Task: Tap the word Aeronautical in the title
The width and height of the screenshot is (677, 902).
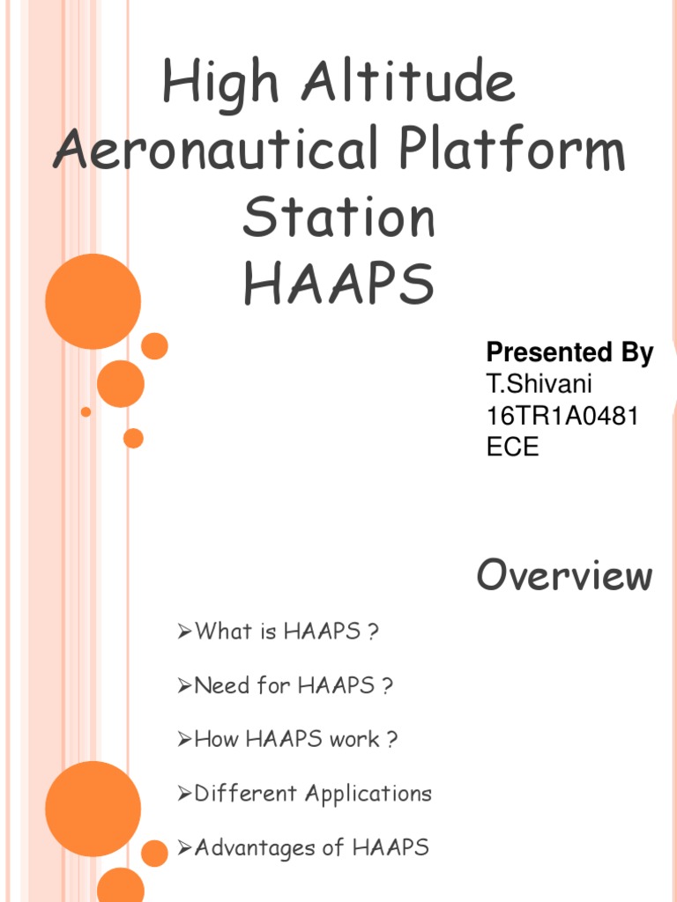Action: coord(213,152)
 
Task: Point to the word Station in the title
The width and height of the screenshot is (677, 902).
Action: coord(338,218)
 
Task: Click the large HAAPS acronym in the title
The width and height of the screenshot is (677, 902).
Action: coord(338,284)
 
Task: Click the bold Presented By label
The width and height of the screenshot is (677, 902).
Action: coord(569,353)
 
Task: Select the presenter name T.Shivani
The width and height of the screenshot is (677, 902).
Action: coord(538,384)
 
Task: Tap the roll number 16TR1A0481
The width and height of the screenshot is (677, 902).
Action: coord(562,415)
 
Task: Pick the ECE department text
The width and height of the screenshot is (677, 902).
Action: coord(512,446)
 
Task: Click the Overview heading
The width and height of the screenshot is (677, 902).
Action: coord(565,576)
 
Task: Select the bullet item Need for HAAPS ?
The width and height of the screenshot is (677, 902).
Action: coord(293,685)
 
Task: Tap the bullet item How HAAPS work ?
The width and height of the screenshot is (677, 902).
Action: coord(295,739)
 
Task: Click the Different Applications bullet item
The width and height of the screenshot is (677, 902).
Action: coord(313,794)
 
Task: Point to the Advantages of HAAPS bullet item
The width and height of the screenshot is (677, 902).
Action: coord(311,848)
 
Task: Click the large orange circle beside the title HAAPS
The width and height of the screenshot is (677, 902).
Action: coord(93,301)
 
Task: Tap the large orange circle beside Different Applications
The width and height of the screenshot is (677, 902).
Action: coord(93,809)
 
